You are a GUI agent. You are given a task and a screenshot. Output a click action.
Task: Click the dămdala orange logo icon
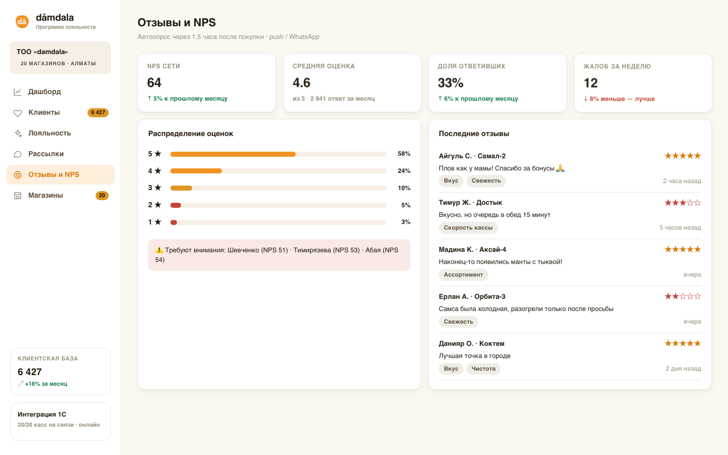tap(22, 21)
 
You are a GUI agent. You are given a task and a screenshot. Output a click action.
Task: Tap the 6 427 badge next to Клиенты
tap(98, 112)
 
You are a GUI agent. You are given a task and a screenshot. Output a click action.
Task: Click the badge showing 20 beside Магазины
tap(102, 195)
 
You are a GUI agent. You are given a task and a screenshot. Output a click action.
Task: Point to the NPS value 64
tap(154, 82)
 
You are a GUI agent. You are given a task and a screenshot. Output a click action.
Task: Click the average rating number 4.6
tap(301, 82)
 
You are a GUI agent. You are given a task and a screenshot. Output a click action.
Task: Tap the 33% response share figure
tap(450, 83)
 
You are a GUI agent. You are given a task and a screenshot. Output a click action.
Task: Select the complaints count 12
tap(590, 83)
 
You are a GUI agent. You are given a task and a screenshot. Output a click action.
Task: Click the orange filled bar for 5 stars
tap(233, 154)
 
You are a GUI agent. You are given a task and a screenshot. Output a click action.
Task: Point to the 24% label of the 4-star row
tap(404, 171)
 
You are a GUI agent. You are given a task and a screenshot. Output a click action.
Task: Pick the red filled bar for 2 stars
tap(175, 205)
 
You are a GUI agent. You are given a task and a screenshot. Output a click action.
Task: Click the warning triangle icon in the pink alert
tap(159, 250)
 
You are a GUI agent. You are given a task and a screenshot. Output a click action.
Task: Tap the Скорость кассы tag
tap(468, 227)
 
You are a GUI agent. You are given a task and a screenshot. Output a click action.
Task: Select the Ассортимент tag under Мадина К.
tap(463, 275)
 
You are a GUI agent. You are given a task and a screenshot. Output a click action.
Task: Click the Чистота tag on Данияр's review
tap(483, 369)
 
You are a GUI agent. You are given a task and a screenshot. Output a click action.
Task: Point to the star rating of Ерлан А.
tap(682, 296)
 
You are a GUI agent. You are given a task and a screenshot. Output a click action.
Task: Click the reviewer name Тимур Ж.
tap(454, 202)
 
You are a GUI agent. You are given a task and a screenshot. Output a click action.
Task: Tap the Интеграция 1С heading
tap(42, 415)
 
